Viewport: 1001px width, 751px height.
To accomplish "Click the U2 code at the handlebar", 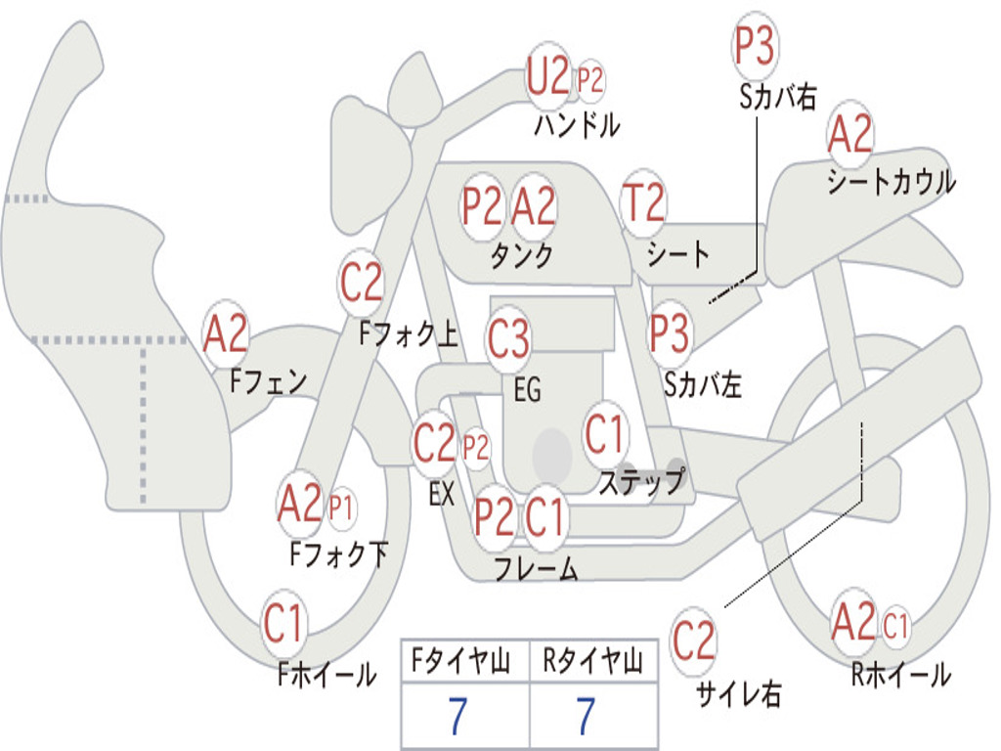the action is pyautogui.click(x=547, y=76).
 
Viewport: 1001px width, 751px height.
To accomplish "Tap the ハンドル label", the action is pyautogui.click(x=577, y=124).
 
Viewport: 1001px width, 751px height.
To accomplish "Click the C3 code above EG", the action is pyautogui.click(x=508, y=337).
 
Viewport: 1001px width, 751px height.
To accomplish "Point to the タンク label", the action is pyautogui.click(x=522, y=256).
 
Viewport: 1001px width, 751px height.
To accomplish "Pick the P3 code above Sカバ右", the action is pyautogui.click(x=755, y=45).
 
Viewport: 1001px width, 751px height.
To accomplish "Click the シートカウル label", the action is pyautogui.click(x=892, y=181).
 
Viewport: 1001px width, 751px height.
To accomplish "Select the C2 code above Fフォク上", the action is pyautogui.click(x=362, y=283).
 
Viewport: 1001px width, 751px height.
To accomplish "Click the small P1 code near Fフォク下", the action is pyautogui.click(x=341, y=508).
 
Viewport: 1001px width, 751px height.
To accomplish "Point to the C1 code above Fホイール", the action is pyautogui.click(x=283, y=623).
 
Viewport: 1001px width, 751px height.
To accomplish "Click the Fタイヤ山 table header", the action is pyautogui.click(x=460, y=661).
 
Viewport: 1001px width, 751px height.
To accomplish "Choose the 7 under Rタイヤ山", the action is pyautogui.click(x=587, y=716).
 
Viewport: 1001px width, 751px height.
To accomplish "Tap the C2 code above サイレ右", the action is pyautogui.click(x=693, y=640).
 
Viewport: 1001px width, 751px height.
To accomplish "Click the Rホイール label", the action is pyautogui.click(x=901, y=675).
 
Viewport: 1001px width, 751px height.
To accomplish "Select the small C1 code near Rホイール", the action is pyautogui.click(x=895, y=625).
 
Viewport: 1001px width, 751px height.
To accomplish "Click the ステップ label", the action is pyautogui.click(x=642, y=481).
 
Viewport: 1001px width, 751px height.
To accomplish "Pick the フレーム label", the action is pyautogui.click(x=537, y=568).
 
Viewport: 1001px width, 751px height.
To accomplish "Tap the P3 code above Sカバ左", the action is pyautogui.click(x=670, y=333).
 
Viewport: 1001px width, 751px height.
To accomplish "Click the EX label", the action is pyautogui.click(x=442, y=494).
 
